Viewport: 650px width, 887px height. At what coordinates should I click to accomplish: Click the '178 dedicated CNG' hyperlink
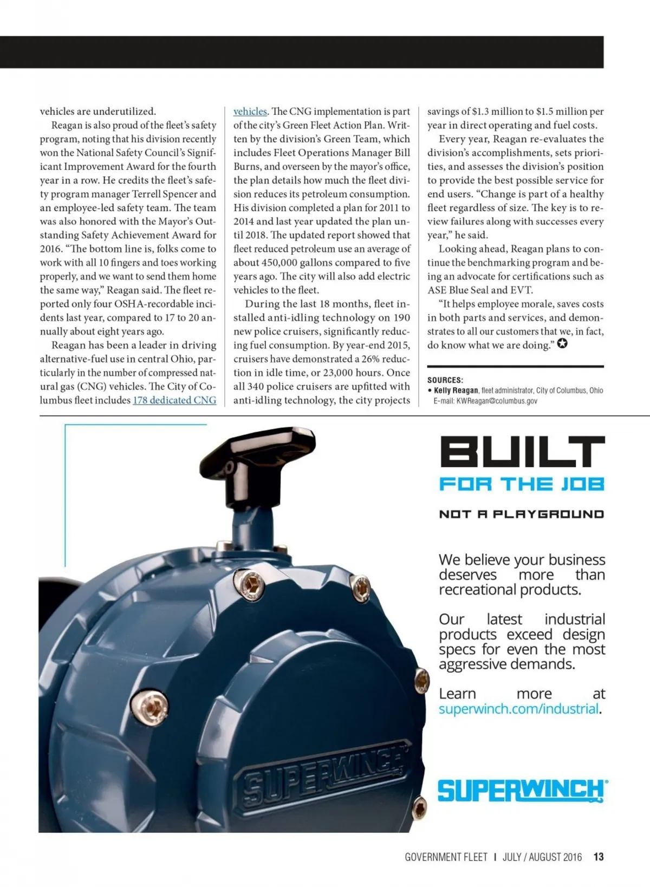[174, 400]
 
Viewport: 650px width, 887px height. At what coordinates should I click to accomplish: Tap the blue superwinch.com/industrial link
[518, 709]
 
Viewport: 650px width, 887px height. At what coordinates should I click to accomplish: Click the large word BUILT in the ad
[522, 453]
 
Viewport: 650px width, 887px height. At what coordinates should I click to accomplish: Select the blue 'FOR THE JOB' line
[522, 484]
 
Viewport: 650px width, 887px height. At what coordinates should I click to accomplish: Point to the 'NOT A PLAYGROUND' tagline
[522, 514]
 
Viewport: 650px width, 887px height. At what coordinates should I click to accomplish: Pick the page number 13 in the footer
[599, 857]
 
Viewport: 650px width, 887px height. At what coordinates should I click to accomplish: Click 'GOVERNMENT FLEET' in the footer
[446, 857]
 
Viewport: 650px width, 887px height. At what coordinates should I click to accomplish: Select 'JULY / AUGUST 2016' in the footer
[542, 857]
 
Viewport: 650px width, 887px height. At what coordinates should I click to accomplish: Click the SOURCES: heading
[445, 380]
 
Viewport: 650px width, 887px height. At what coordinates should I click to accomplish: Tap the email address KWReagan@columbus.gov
[497, 401]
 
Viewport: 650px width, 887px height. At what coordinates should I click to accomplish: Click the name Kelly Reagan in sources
[456, 390]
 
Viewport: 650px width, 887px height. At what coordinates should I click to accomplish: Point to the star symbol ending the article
[562, 344]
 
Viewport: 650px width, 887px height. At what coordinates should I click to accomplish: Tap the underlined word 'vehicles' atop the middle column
[250, 112]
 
